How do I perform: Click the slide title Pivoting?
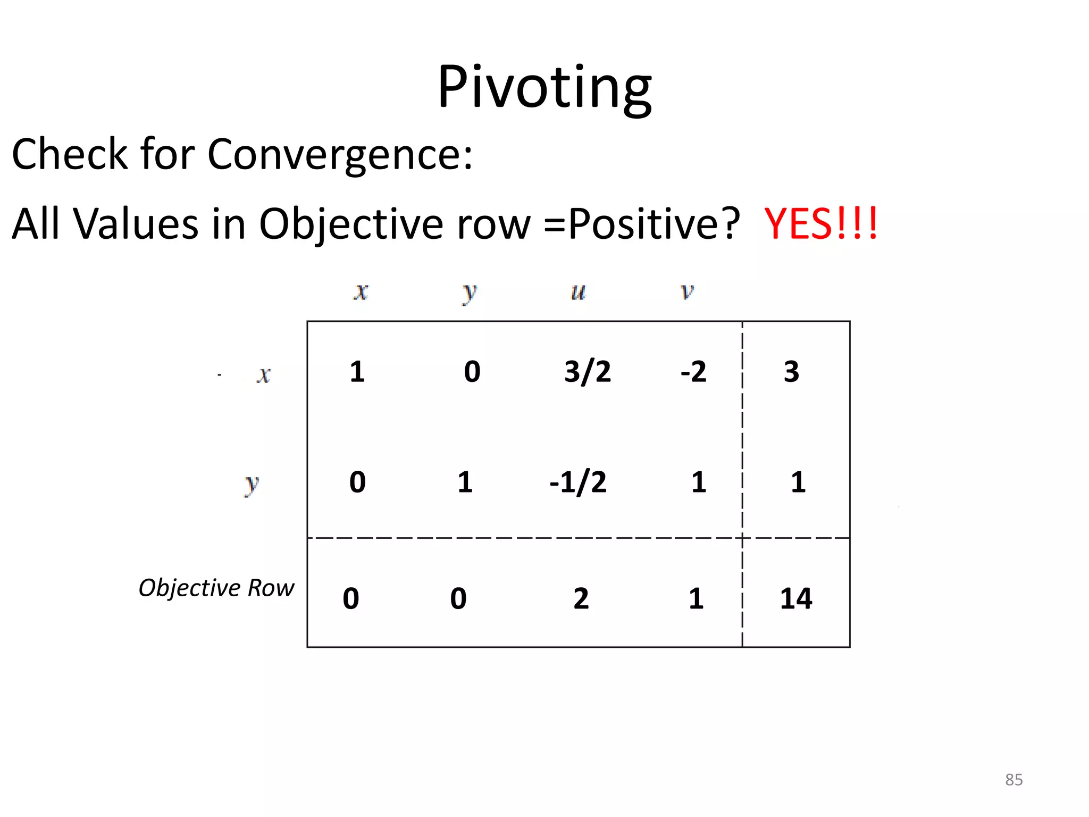[544, 87]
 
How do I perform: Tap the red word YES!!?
[820, 223]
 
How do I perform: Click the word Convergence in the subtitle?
[339, 154]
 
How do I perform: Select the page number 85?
[1013, 780]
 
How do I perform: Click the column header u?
[578, 291]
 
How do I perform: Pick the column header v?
[687, 291]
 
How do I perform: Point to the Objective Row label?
[216, 588]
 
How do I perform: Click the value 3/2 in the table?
[588, 371]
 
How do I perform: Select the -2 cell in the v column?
[693, 371]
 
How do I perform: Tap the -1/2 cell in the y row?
[578, 482]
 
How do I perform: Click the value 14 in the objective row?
[796, 598]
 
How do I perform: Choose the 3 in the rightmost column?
[791, 371]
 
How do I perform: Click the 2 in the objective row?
[581, 598]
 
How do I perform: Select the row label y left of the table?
[251, 484]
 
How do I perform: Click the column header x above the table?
[361, 291]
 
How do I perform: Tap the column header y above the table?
[469, 293]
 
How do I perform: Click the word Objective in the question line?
[350, 224]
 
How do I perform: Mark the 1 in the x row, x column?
[357, 371]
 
